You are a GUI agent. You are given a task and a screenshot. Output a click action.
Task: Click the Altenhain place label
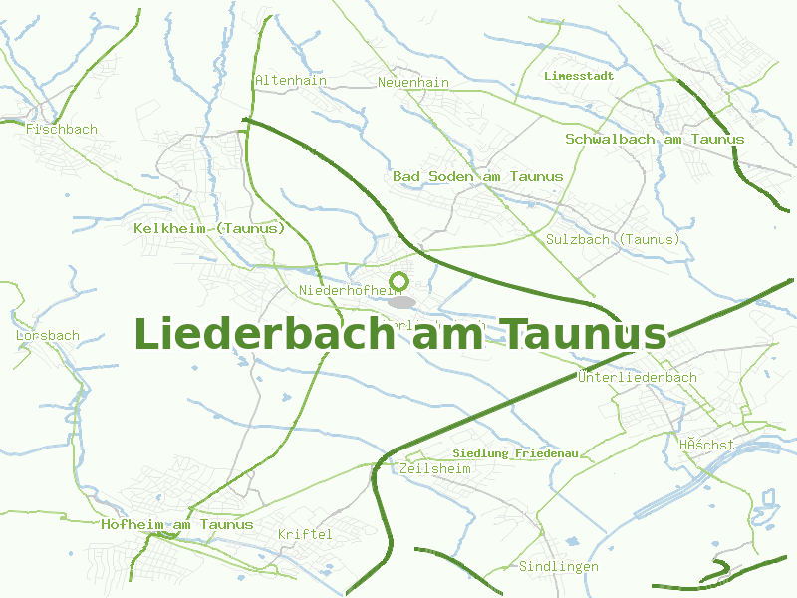click(291, 81)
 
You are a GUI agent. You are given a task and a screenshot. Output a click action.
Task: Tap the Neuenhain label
click(413, 82)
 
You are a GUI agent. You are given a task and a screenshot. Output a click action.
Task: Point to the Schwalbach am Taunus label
click(655, 139)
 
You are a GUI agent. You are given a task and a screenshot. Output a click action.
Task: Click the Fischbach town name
click(62, 130)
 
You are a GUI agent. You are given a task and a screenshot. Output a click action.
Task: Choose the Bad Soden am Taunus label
click(477, 176)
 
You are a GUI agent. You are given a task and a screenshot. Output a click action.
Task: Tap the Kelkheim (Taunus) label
click(209, 228)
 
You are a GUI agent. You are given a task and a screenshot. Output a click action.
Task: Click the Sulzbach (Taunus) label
click(613, 240)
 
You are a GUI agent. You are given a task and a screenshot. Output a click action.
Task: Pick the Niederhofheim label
click(342, 291)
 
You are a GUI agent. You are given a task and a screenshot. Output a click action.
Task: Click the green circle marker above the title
click(399, 280)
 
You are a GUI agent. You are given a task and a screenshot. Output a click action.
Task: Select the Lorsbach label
click(48, 336)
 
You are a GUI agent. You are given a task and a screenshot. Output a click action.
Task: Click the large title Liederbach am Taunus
click(399, 334)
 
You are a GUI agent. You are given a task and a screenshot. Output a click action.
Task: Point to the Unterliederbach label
click(637, 378)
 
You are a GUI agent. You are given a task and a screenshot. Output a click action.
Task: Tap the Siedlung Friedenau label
click(515, 453)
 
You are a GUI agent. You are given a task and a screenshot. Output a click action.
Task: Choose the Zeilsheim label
click(433, 468)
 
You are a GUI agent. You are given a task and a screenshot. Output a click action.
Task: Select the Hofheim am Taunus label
click(177, 524)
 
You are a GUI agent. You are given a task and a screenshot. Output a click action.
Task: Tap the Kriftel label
click(305, 535)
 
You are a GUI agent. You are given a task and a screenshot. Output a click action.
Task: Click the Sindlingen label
click(559, 567)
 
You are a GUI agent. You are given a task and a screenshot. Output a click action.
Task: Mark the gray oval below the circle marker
click(400, 302)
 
